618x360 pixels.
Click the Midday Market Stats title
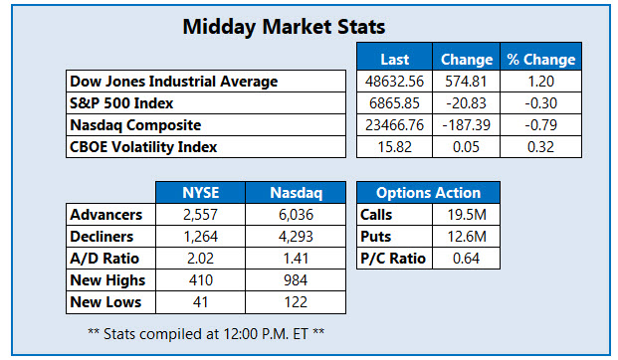284,27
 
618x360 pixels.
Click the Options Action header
429,193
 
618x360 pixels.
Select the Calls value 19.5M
465,215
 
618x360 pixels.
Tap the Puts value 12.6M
465,237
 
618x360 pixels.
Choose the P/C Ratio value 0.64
465,259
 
